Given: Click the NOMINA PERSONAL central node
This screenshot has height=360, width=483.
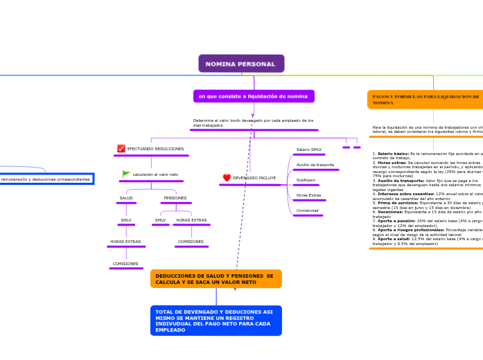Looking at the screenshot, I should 241,64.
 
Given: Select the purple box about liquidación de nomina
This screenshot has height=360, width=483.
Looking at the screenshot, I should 254,96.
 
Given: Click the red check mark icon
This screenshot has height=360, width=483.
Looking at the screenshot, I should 121,149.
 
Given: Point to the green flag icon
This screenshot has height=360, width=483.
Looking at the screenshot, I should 126,174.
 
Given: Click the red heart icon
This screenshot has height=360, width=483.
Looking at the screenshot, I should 227,178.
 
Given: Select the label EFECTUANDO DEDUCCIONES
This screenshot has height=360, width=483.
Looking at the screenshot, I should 155,149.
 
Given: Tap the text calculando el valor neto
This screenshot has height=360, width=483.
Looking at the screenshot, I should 155,174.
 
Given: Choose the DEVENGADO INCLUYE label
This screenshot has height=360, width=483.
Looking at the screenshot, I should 254,178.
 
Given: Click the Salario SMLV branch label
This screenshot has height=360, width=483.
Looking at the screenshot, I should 308,150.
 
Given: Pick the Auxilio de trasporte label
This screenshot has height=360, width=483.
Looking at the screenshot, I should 315,165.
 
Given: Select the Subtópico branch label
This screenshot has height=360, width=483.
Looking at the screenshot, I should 306,180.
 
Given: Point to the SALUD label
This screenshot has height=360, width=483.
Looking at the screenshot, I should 126,198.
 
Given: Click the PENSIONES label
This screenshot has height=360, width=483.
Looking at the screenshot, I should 175,198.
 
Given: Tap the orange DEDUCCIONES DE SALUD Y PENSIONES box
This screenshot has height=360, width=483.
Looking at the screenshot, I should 216,279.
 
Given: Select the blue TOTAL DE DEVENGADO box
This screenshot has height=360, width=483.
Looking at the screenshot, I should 216,321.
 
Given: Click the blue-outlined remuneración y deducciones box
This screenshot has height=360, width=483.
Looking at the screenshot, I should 46,179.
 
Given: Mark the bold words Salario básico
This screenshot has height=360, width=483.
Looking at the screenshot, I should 392,154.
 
